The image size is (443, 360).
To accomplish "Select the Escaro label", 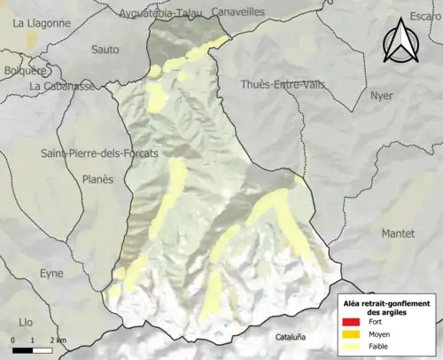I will coord(424,16).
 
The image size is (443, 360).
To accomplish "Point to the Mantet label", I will coord(398,233).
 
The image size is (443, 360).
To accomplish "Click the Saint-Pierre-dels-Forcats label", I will coord(99,153).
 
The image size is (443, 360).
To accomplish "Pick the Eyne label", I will coord(51,274).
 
